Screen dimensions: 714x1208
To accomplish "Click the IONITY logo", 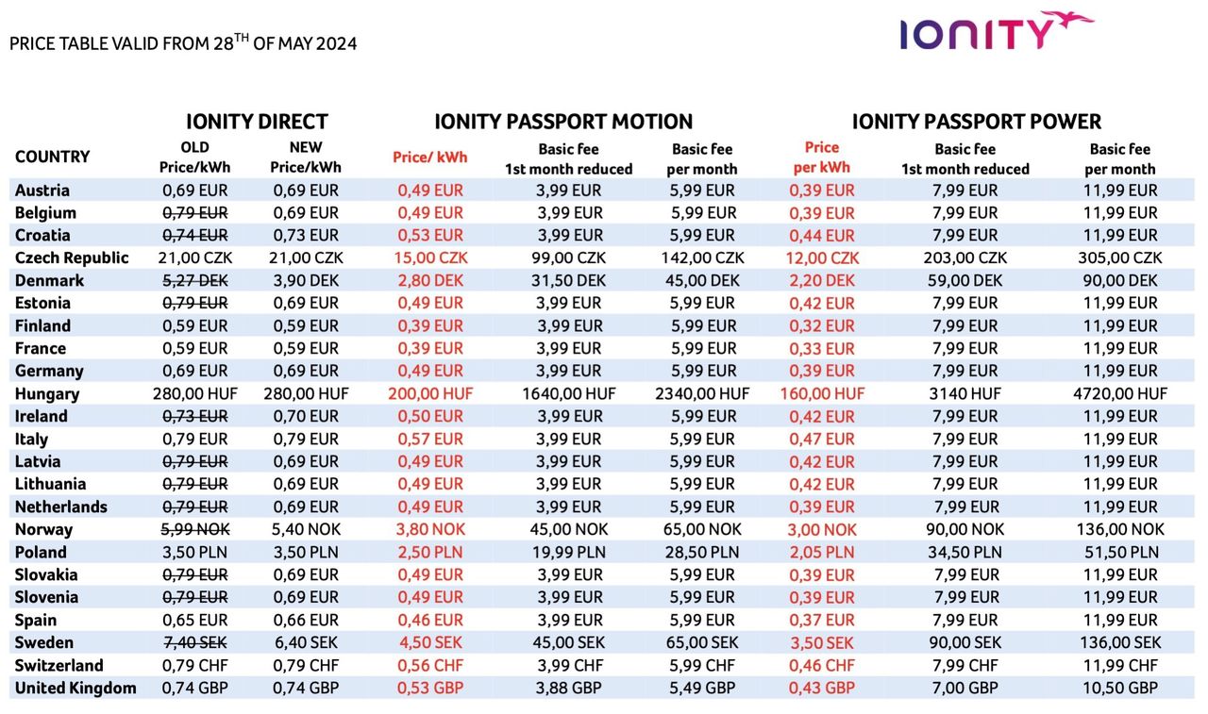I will pyautogui.click(x=995, y=31).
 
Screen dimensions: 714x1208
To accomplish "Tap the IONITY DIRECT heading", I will pyautogui.click(x=257, y=122).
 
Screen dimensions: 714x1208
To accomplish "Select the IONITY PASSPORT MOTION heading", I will pyautogui.click(x=563, y=122).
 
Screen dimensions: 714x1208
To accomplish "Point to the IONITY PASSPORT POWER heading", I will pyautogui.click(x=977, y=122).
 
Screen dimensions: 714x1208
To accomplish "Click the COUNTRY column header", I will pyautogui.click(x=53, y=157).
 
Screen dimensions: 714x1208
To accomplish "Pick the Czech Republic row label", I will pyautogui.click(x=72, y=257).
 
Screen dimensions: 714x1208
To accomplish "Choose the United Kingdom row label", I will pyautogui.click(x=75, y=688).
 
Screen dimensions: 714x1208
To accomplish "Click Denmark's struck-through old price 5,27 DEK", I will pyautogui.click(x=194, y=280).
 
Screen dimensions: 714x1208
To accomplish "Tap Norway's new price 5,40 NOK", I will pyautogui.click(x=305, y=529).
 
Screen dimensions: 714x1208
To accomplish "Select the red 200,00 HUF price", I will pyautogui.click(x=430, y=393).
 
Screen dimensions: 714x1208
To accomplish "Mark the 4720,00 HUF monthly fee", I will pyautogui.click(x=1120, y=393).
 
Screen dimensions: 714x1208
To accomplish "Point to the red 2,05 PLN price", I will pyautogui.click(x=822, y=553).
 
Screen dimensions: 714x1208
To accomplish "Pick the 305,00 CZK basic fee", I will pyautogui.click(x=1120, y=257).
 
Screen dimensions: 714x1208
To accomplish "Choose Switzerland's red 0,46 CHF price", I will pyautogui.click(x=822, y=666).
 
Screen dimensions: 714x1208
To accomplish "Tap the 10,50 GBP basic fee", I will pyautogui.click(x=1120, y=688).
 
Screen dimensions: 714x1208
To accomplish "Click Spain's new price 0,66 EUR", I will pyautogui.click(x=305, y=620).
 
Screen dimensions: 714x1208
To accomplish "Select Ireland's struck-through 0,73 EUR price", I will pyautogui.click(x=194, y=416).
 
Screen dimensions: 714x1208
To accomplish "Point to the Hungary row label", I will pyautogui.click(x=47, y=393).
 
